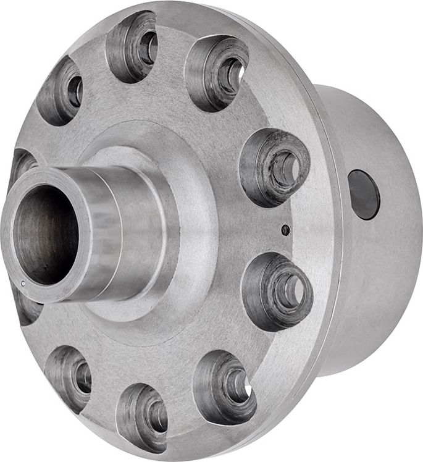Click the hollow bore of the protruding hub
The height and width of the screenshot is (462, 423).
tap(46, 235)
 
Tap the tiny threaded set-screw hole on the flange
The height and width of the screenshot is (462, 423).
tap(285, 230)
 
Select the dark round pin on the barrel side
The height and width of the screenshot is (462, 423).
tap(364, 195)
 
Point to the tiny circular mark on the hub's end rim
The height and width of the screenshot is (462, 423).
tap(23, 283)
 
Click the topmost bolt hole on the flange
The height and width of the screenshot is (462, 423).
tap(132, 46)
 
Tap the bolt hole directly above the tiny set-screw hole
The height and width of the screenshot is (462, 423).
tap(275, 167)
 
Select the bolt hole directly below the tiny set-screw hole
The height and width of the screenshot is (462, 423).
tap(277, 290)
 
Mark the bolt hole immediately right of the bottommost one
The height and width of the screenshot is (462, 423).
tap(225, 386)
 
